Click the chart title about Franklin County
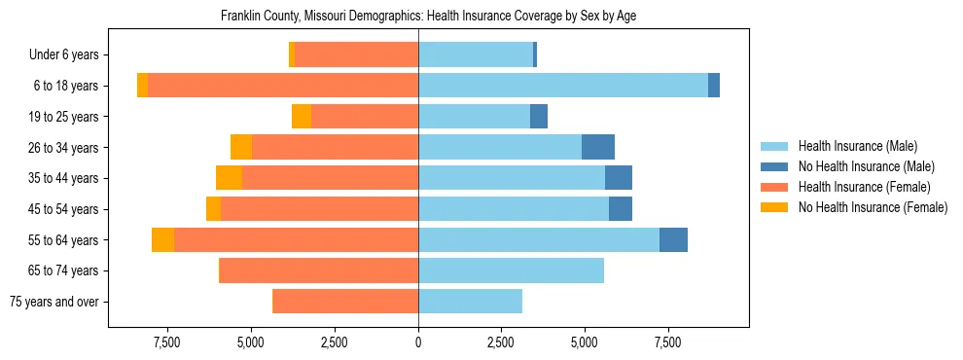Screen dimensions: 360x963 pyautogui.click(x=428, y=17)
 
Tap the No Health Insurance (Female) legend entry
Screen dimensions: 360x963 pyautogui.click(x=873, y=207)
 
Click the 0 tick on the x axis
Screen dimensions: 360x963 pyautogui.click(x=418, y=343)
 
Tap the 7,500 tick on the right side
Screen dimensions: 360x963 pyautogui.click(x=667, y=343)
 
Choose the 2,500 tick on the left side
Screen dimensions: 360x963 pyautogui.click(x=335, y=343)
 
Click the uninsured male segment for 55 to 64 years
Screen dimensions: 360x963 pyautogui.click(x=673, y=239)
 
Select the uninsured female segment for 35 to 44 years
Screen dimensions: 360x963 pyautogui.click(x=229, y=178)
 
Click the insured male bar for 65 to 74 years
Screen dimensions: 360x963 pyautogui.click(x=511, y=270)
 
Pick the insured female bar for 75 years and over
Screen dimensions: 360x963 pyautogui.click(x=345, y=302)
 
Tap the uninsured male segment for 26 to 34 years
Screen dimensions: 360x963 pyautogui.click(x=598, y=147)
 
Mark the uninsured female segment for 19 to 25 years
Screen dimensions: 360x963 pyautogui.click(x=302, y=117)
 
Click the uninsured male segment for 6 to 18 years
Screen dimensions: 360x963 pyautogui.click(x=714, y=86)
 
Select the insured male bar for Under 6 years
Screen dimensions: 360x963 pyautogui.click(x=476, y=55)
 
